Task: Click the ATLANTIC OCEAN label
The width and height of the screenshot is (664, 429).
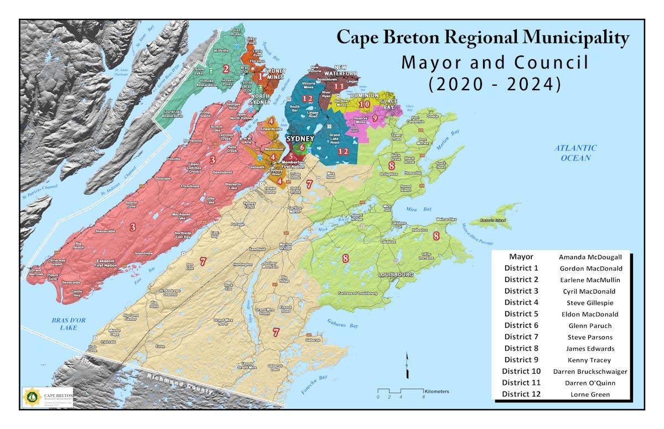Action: [577, 153]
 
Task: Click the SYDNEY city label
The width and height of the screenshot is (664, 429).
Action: [300, 139]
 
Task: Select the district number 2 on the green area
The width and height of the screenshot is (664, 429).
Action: [225, 69]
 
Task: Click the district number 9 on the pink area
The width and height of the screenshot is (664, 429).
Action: [375, 117]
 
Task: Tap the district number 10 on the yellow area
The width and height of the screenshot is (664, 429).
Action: [364, 103]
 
